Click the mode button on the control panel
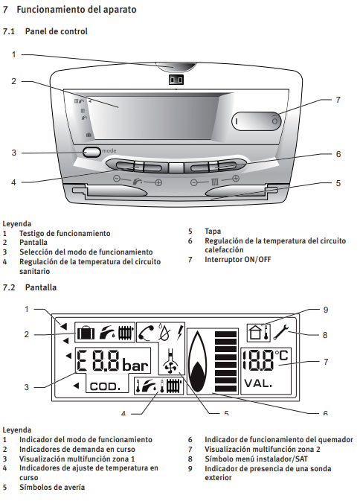(x=91, y=152)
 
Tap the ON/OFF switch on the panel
(x=257, y=121)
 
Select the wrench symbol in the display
(x=281, y=332)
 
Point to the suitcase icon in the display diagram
(x=86, y=332)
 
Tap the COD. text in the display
(x=105, y=386)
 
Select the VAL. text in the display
(x=258, y=383)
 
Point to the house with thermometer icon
(x=259, y=332)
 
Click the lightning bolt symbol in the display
(x=180, y=332)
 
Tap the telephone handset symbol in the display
(x=147, y=333)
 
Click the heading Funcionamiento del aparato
(x=77, y=10)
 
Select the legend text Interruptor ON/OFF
(x=237, y=259)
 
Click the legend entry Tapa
(x=213, y=231)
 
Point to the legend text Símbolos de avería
(x=52, y=488)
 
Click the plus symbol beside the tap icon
(x=158, y=182)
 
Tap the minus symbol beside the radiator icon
(x=194, y=182)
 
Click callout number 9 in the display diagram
(x=326, y=310)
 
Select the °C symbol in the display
(x=282, y=355)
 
